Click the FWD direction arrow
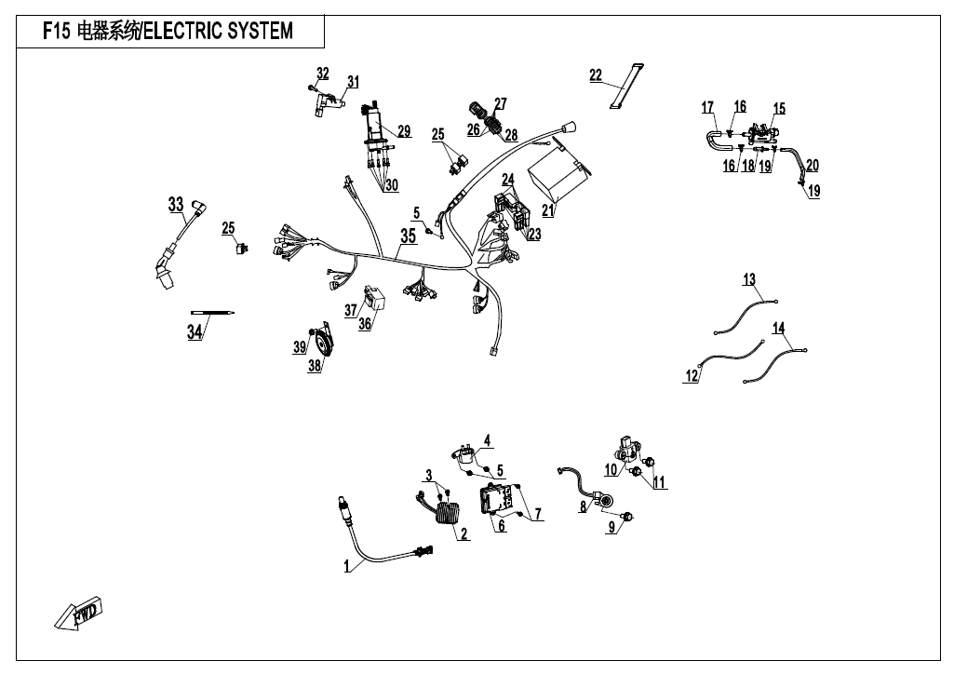click(x=79, y=614)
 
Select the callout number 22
click(x=596, y=75)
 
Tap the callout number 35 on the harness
click(x=408, y=236)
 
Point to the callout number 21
click(x=547, y=211)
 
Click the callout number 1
click(x=347, y=565)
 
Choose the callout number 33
click(x=176, y=205)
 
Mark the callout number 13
click(x=749, y=279)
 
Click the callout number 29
click(x=404, y=131)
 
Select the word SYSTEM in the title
click(x=253, y=31)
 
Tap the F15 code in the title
click(x=58, y=31)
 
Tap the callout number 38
click(x=315, y=367)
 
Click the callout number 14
click(x=779, y=328)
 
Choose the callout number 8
click(x=584, y=507)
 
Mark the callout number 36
click(x=365, y=323)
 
